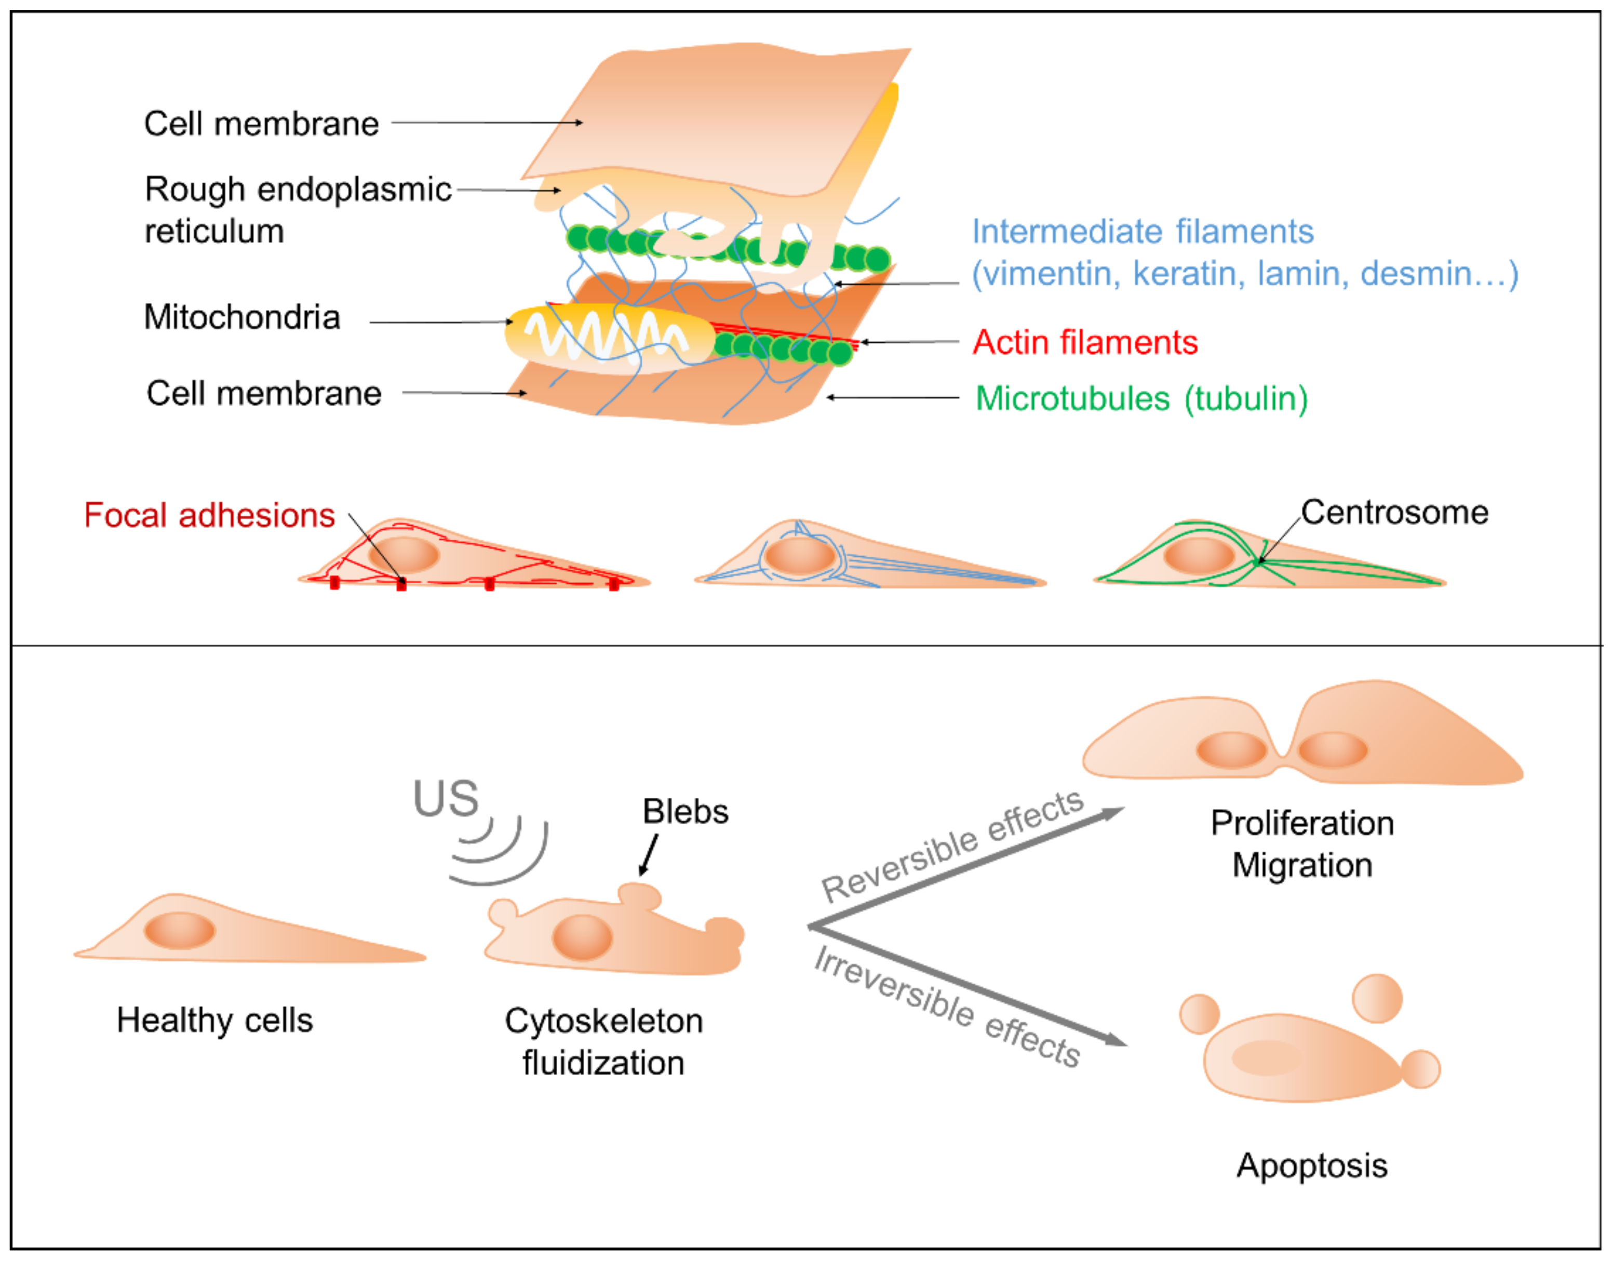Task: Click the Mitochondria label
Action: [x=241, y=317]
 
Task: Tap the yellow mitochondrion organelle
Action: [x=609, y=338]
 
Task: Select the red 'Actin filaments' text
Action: [x=1084, y=343]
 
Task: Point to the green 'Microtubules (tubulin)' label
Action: [x=1141, y=399]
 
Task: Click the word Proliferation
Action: [x=1302, y=823]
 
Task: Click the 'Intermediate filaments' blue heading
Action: [x=1142, y=232]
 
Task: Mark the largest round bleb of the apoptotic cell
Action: [x=1377, y=998]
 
